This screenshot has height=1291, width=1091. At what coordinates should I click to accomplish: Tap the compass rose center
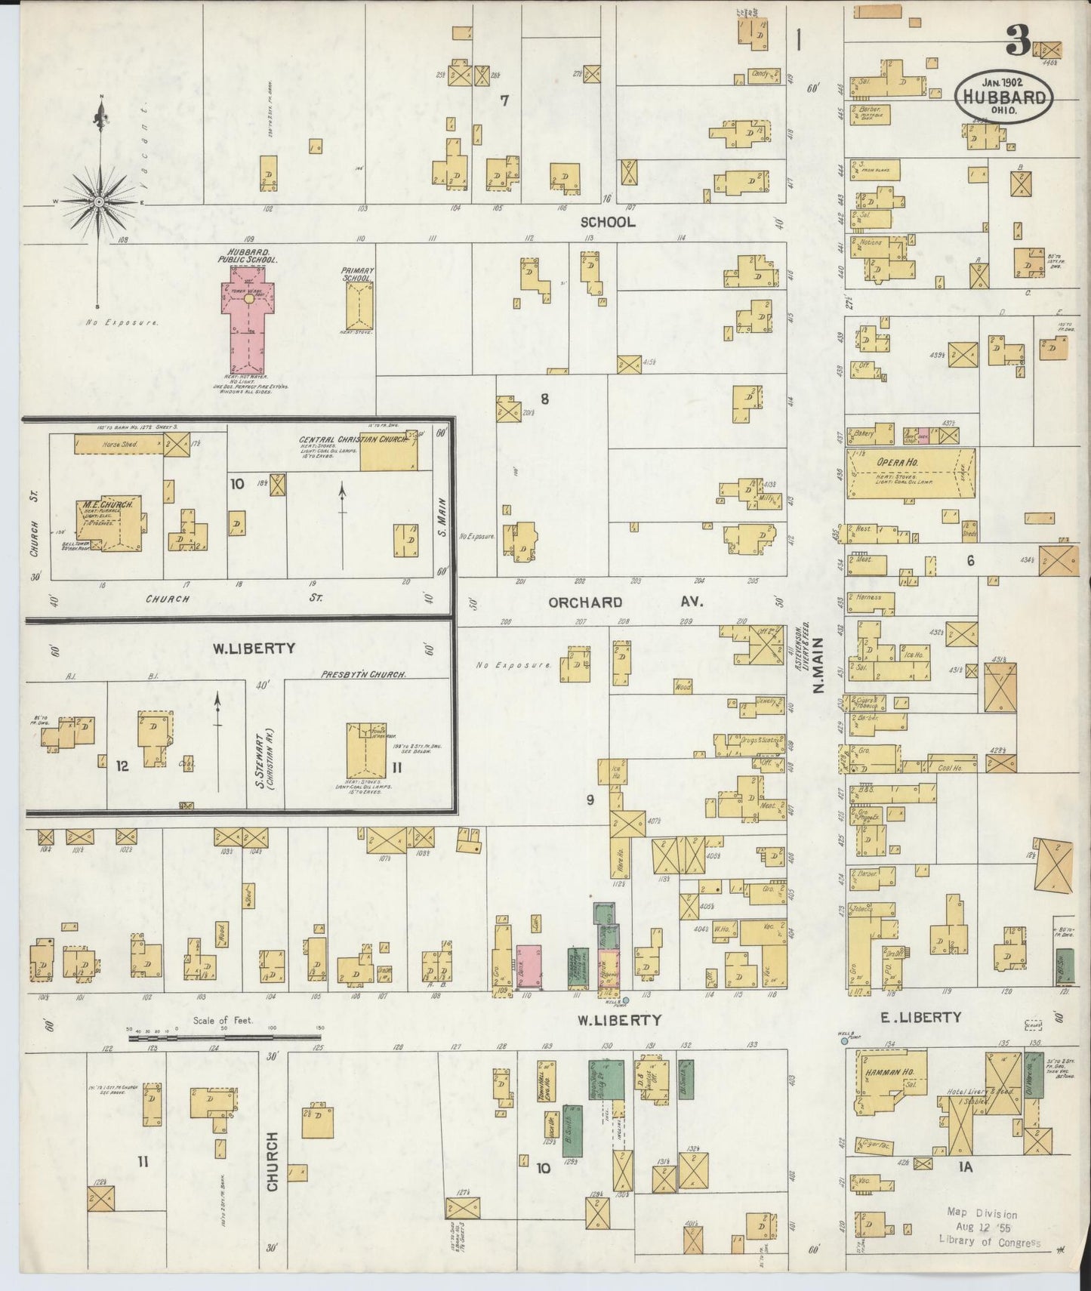(99, 202)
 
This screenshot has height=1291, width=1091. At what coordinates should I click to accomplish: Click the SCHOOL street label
(607, 222)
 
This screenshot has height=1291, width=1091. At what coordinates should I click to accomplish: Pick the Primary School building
(359, 306)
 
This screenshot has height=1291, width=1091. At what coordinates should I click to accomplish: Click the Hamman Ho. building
(888, 1080)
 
